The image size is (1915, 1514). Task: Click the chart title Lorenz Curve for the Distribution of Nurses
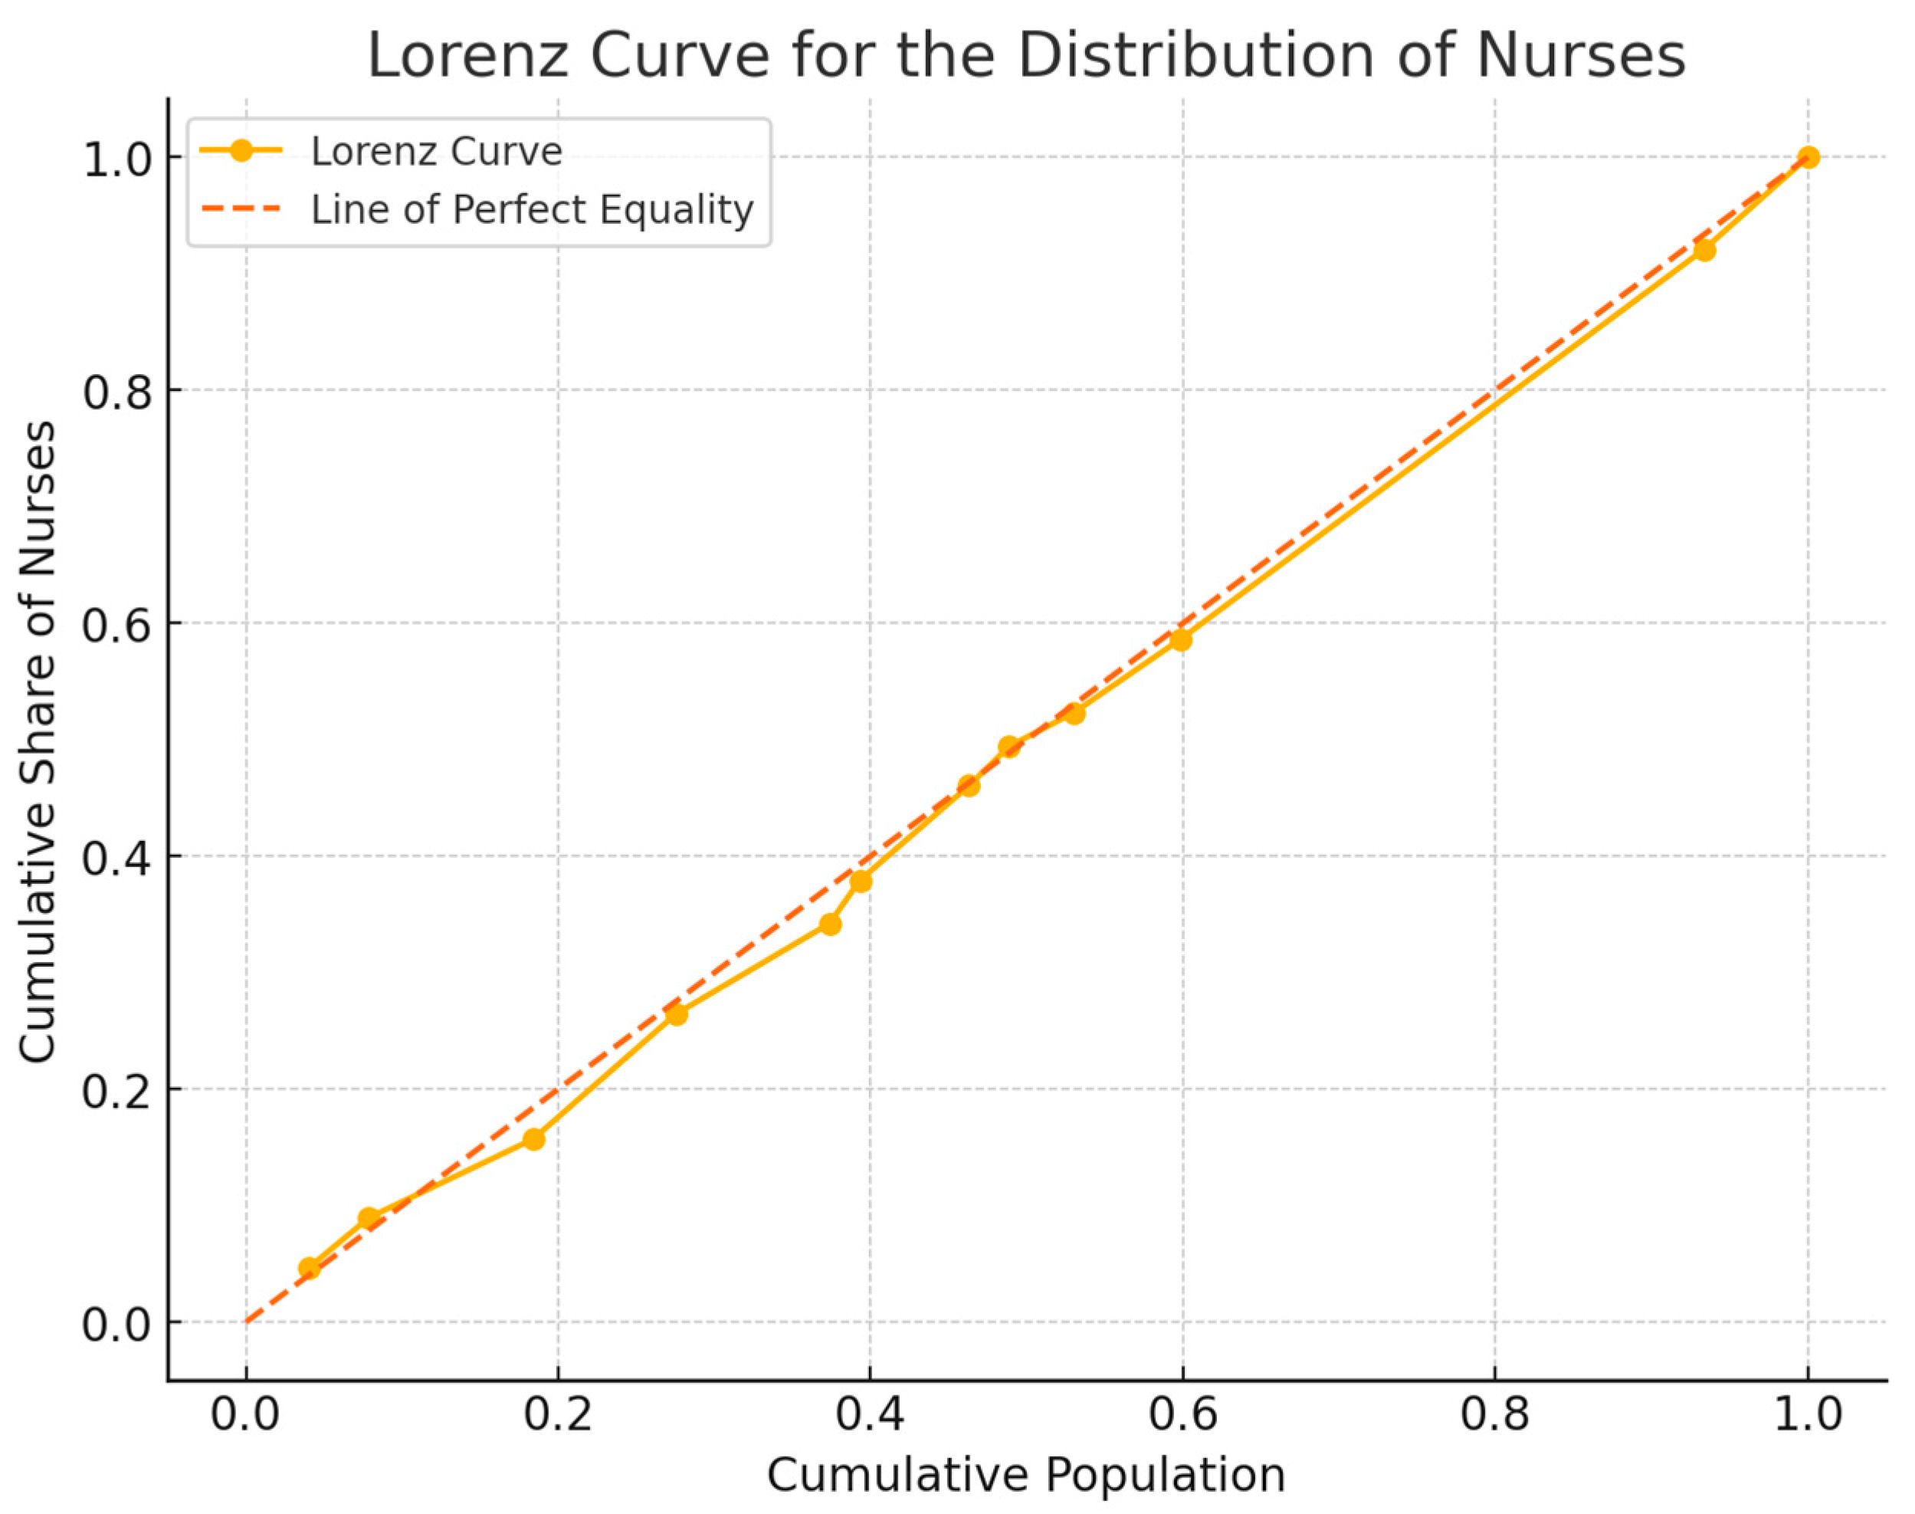(1025, 55)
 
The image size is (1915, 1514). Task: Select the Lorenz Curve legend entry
(436, 152)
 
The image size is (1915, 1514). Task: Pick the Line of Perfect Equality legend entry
(532, 210)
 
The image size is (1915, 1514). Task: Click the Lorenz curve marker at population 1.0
(1808, 158)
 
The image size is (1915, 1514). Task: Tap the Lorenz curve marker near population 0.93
(1703, 250)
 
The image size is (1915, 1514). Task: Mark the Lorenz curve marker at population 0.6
(1180, 639)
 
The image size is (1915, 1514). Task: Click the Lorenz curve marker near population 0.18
(533, 1139)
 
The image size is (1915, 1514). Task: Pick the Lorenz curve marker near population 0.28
(677, 1014)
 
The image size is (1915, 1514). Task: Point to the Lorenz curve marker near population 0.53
(1074, 713)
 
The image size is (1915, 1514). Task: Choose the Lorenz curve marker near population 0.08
(369, 1218)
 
